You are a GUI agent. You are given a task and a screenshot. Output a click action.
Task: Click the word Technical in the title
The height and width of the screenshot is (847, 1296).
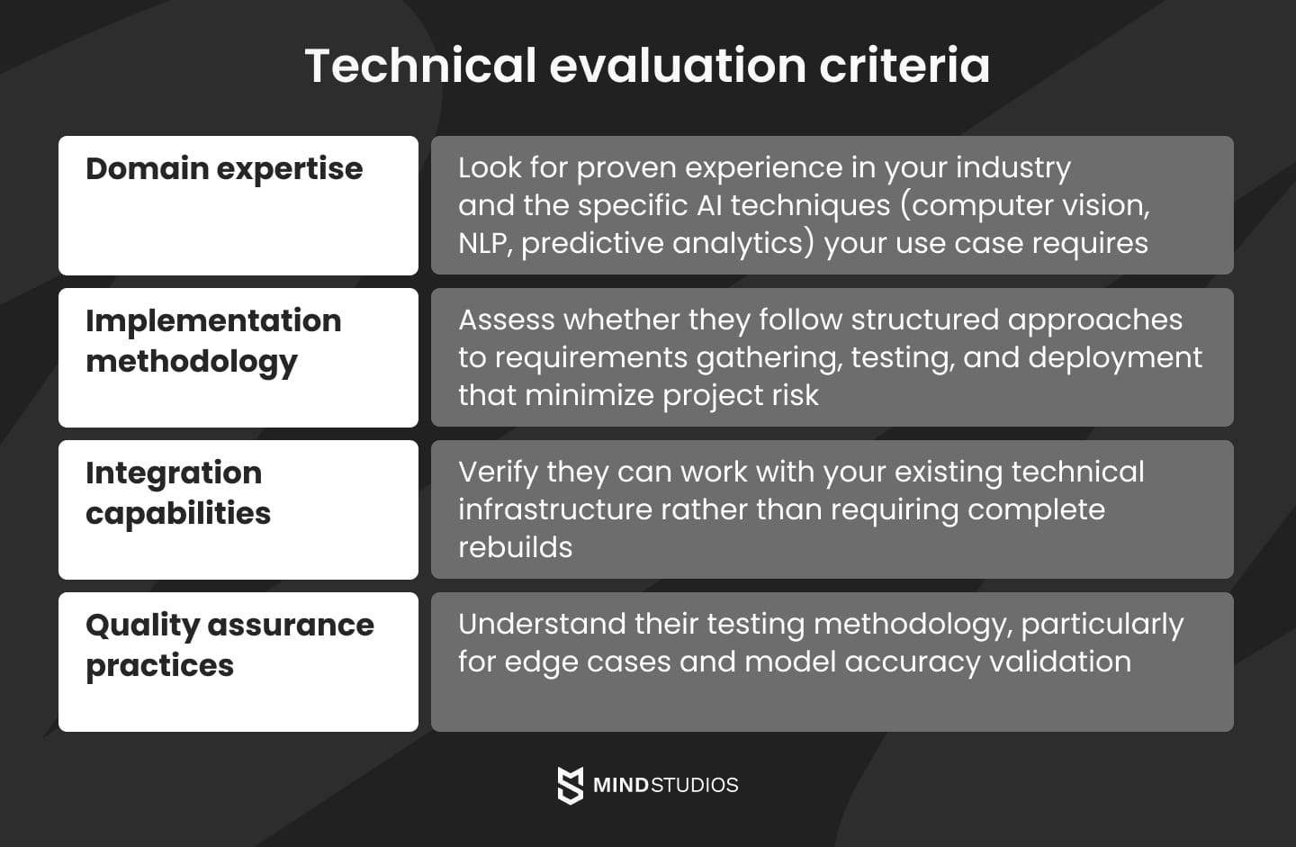(x=420, y=66)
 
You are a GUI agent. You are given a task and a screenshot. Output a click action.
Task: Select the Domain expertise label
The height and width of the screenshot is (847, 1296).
(x=224, y=168)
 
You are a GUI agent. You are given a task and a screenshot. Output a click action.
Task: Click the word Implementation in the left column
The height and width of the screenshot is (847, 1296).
(x=213, y=320)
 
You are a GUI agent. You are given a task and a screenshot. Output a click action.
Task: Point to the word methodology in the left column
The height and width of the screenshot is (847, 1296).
(x=191, y=362)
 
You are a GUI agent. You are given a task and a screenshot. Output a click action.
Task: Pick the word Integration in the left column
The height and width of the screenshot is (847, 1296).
(x=174, y=473)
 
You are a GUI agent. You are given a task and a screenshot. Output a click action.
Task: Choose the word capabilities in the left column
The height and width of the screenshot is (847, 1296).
(x=178, y=513)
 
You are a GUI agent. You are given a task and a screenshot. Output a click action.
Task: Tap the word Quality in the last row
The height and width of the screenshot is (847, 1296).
(x=142, y=626)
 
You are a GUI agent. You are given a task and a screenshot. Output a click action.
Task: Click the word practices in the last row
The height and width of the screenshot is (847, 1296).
(x=159, y=665)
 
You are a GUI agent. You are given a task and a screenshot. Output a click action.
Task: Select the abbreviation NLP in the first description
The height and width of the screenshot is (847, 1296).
(x=484, y=243)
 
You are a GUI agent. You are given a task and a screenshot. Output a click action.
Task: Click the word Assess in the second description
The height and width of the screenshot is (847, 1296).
(x=506, y=320)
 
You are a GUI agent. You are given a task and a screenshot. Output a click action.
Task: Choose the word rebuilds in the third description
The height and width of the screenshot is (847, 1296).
(x=515, y=547)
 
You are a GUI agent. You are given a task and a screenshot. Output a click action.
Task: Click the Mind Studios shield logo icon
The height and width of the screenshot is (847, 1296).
(x=570, y=785)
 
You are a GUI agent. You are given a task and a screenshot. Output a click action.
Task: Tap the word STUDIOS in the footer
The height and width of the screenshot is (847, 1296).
(x=694, y=785)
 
